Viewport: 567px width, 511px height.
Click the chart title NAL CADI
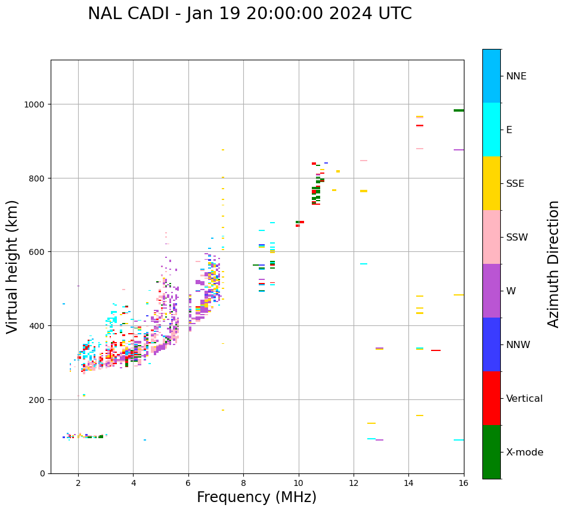249,14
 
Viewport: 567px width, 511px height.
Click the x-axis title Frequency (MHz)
256,497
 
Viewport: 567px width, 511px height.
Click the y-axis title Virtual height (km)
13,267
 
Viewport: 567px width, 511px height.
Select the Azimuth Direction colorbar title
554,264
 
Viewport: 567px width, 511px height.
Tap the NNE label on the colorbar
516,76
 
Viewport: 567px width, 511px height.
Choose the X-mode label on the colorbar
525,452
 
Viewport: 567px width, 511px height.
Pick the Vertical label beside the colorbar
525,399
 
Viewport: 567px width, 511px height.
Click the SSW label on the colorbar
517,237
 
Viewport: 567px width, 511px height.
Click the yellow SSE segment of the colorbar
491,183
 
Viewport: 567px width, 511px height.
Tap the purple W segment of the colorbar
491,291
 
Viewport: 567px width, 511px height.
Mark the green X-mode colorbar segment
491,452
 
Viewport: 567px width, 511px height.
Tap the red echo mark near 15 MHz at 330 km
436,350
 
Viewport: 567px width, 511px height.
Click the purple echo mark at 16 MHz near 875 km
458,150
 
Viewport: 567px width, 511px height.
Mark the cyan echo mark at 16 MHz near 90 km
458,440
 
